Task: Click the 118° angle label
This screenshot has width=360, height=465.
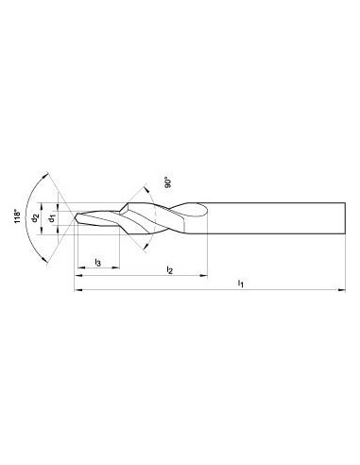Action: (17, 216)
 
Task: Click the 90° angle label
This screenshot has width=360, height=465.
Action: (167, 183)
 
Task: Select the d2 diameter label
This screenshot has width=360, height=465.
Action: (35, 218)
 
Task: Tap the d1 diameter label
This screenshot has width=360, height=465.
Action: (52, 218)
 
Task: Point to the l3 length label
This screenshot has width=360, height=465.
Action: (98, 262)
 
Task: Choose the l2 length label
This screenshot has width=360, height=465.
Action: (170, 269)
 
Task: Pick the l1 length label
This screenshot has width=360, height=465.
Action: (241, 284)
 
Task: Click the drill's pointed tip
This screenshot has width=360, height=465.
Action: (75, 216)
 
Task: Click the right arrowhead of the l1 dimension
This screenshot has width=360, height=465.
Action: (341, 290)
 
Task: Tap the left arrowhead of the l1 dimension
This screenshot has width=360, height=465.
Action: (77, 290)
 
